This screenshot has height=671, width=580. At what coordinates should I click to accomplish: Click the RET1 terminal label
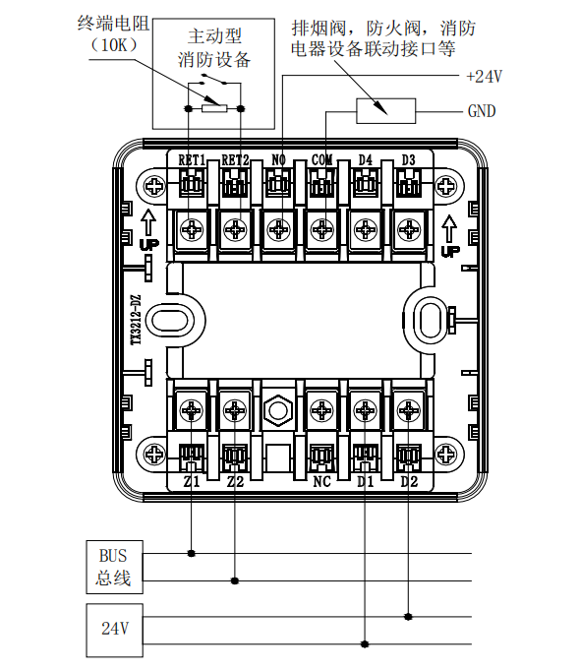pyautogui.click(x=192, y=160)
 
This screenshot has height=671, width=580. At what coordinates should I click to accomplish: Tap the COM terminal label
pyautogui.click(x=322, y=160)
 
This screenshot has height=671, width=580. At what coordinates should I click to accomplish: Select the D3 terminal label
pyautogui.click(x=409, y=160)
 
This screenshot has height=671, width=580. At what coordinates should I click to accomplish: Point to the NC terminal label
pyautogui.click(x=322, y=482)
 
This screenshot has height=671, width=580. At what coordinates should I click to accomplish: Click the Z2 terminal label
pyautogui.click(x=235, y=482)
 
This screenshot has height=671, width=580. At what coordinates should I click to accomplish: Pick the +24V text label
pyautogui.click(x=485, y=77)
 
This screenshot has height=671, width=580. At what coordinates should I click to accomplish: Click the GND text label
pyautogui.click(x=482, y=111)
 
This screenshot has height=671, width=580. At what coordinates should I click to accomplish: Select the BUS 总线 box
pyautogui.click(x=115, y=567)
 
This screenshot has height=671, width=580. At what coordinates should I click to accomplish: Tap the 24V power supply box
pyautogui.click(x=115, y=630)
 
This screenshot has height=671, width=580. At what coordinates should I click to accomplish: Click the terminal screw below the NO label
pyautogui.click(x=278, y=230)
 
